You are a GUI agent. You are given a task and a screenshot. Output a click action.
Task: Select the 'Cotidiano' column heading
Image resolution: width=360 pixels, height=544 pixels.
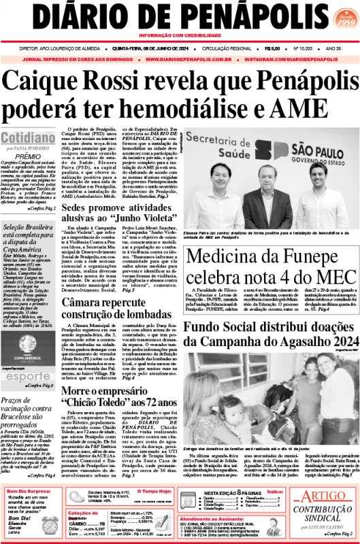pos(30,137)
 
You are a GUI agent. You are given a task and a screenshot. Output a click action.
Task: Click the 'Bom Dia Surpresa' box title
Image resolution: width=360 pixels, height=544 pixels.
pos(31,490)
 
